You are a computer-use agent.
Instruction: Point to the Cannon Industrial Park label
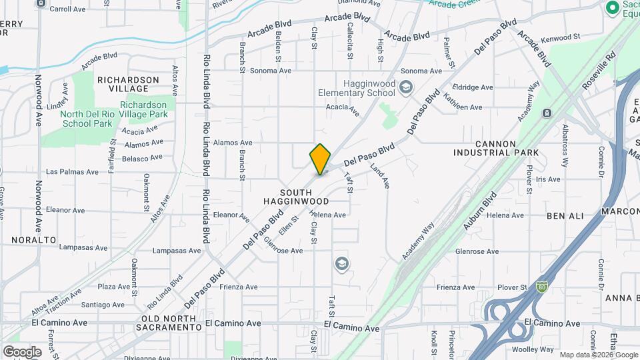tap(505, 148)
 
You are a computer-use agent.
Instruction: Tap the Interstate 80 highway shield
tap(541, 287)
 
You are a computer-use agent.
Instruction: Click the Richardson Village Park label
tap(144, 109)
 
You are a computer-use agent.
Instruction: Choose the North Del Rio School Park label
tap(87, 118)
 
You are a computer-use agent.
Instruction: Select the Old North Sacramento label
tap(169, 322)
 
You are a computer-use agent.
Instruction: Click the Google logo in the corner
tap(22, 351)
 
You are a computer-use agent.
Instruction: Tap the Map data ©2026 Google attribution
tap(598, 355)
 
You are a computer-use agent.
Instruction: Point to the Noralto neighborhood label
tap(33, 239)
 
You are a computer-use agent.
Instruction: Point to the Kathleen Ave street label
tap(462, 107)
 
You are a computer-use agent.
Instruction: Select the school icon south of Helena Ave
tap(342, 264)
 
